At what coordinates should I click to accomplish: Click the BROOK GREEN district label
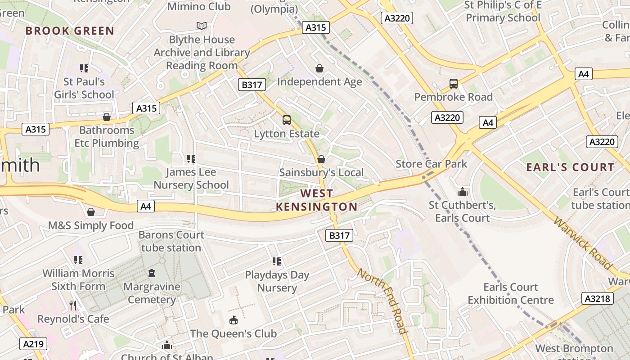coord(70,31)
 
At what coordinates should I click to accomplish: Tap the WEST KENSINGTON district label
coord(317,200)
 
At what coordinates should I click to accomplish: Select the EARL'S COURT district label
coord(570,167)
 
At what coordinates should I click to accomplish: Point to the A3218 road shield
coord(598,298)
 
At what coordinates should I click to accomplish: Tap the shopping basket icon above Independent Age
coord(319,68)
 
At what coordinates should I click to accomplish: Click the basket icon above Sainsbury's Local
coord(321,159)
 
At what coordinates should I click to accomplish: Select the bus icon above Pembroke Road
coord(453,84)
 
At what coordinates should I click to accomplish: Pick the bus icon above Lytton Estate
coord(287,120)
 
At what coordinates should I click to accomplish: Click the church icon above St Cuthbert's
coord(462,192)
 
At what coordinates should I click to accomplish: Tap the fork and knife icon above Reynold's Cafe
coord(73,306)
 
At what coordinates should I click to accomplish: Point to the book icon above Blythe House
coord(202,26)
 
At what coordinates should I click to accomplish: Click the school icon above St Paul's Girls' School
coord(84,68)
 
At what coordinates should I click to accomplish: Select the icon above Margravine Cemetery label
coord(152,273)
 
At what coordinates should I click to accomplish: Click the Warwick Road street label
coord(583,243)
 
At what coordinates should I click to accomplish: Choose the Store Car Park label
coord(432,164)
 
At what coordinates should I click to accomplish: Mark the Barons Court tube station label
coord(171,241)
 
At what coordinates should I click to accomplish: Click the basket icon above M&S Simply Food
coord(91,212)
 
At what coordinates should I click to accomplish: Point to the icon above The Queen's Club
coord(233,320)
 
